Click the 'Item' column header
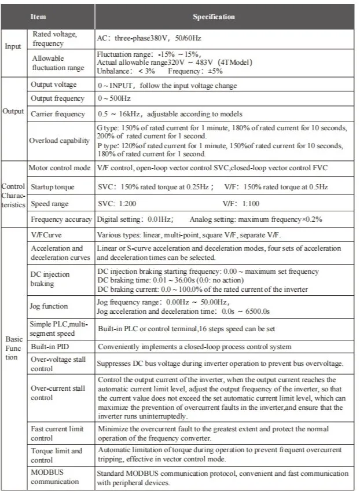pyautogui.click(x=38, y=17)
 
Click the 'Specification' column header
pyautogui.click(x=214, y=17)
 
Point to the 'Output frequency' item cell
pyautogui.click(x=57, y=98)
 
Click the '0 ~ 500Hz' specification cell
pyautogui.click(x=116, y=98)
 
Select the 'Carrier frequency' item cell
pyautogui.click(x=58, y=113)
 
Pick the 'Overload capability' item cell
pyautogui.click(x=60, y=140)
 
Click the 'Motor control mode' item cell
pyautogui.click(x=60, y=168)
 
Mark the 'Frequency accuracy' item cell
pyautogui.click(x=61, y=219)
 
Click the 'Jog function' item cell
pyautogui.click(x=49, y=306)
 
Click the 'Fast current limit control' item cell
pyautogui.click(x=57, y=433)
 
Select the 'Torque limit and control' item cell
pyautogui.click(x=56, y=454)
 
